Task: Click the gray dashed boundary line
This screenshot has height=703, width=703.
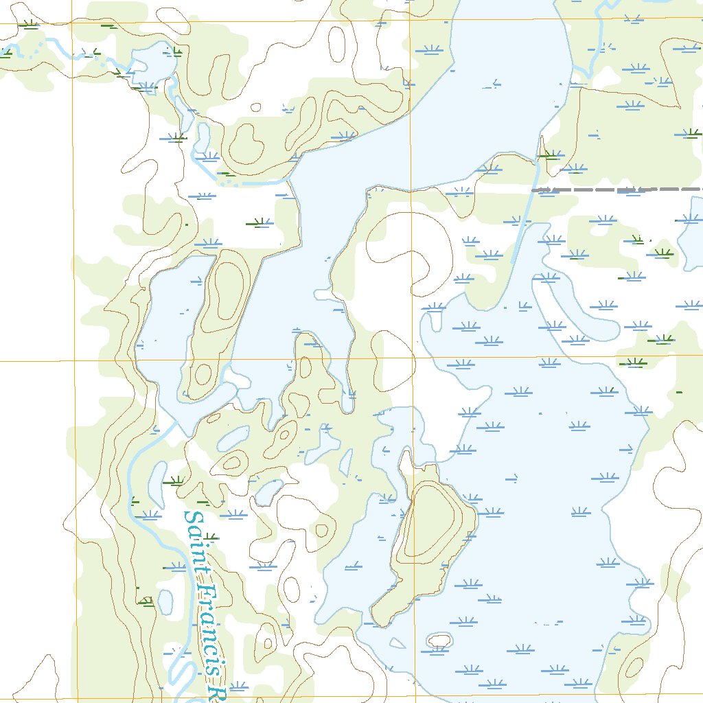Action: point(618,189)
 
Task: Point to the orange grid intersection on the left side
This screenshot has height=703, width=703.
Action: point(74,360)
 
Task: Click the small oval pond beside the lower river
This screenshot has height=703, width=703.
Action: point(165,601)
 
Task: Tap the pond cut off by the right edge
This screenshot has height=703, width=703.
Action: point(690,237)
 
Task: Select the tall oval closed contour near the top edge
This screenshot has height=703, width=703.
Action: point(336,45)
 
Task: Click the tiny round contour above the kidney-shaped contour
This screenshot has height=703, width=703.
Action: point(256,107)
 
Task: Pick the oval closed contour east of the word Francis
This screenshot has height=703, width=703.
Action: point(292,589)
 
